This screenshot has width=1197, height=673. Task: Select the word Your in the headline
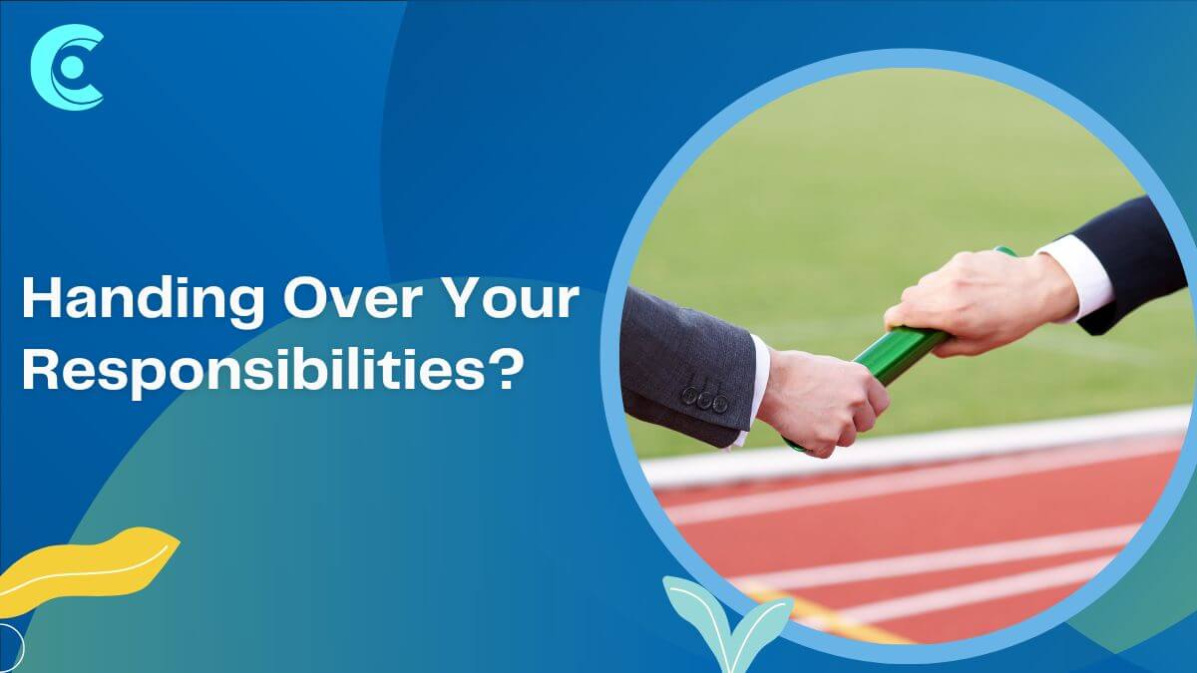(512, 298)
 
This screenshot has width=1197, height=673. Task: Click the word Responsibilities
(254, 371)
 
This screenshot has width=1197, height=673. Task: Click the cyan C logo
(68, 68)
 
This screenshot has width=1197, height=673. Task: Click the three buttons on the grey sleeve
(704, 399)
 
